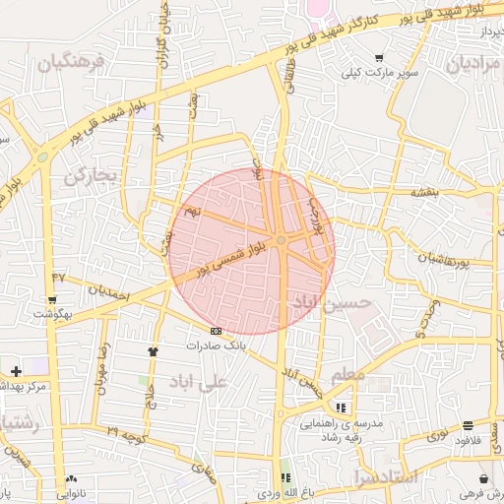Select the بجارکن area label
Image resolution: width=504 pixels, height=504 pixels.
[x=91, y=177]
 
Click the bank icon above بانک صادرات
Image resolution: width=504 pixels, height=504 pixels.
[x=216, y=331]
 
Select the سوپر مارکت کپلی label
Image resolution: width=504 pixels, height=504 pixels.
[x=380, y=73]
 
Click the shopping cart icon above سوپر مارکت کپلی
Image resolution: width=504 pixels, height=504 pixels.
[x=379, y=58]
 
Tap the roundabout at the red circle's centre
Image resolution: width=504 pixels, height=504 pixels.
[x=282, y=240]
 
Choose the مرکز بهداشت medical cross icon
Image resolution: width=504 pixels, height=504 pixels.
[x=16, y=371]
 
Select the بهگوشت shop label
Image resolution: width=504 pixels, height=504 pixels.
[x=51, y=313]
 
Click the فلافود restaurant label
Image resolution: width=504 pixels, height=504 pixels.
[x=467, y=440]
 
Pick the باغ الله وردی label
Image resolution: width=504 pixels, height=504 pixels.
[x=285, y=489]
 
